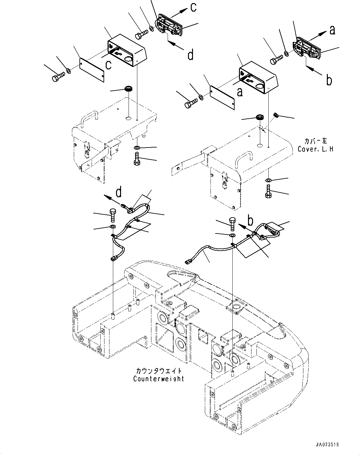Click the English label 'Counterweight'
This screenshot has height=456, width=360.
pyautogui.click(x=159, y=379)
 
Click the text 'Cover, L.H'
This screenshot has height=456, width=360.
pyautogui.click(x=315, y=149)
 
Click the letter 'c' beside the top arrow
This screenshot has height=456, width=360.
pyautogui.click(x=194, y=7)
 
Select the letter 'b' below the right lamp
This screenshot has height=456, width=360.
pyautogui.click(x=329, y=80)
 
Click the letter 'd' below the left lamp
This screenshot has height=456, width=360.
pyautogui.click(x=190, y=55)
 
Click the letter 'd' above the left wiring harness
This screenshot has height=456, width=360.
pyautogui.click(x=119, y=192)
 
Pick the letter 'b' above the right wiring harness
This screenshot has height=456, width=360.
pyautogui.click(x=250, y=220)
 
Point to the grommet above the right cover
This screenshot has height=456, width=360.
pyautogui.click(x=260, y=118)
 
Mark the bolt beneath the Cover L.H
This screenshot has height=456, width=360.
pyautogui.click(x=269, y=191)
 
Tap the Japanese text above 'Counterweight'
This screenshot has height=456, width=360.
pyautogui.click(x=159, y=371)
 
